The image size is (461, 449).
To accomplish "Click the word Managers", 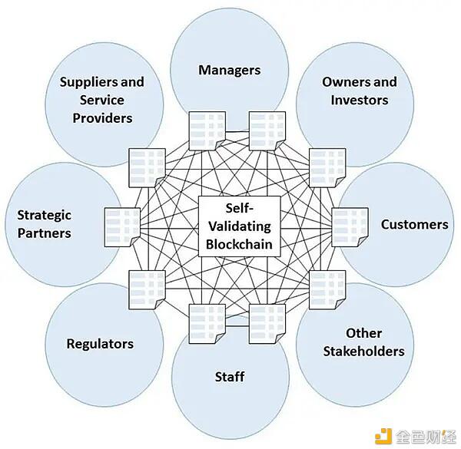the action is [229, 70].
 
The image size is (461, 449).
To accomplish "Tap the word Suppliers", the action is [89, 83].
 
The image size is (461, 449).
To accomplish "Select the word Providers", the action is [102, 118].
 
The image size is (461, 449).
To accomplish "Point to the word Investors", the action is [360, 100].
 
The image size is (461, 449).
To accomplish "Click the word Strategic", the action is [44, 216].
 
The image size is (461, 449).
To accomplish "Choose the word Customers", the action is [415, 225].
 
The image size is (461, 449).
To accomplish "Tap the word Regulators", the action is [100, 344].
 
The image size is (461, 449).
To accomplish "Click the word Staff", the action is [230, 377].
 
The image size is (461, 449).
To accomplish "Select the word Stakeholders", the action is [363, 352].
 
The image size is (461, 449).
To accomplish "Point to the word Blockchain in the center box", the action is [239, 244].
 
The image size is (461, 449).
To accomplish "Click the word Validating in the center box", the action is [240, 226].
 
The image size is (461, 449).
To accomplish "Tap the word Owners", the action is [340, 82].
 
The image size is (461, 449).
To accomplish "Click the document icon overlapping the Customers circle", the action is [350, 227].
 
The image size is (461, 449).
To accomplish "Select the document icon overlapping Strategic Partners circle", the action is [122, 227].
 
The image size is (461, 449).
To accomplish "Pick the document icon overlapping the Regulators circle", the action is [147, 289].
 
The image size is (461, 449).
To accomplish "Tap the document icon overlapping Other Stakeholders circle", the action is [327, 289].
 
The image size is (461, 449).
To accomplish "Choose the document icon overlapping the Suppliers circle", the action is [147, 167].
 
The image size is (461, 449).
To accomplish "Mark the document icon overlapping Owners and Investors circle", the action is [327, 167].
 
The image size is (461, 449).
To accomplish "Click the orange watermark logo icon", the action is [383, 436].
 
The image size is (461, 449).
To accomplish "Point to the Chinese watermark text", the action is [425, 437].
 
